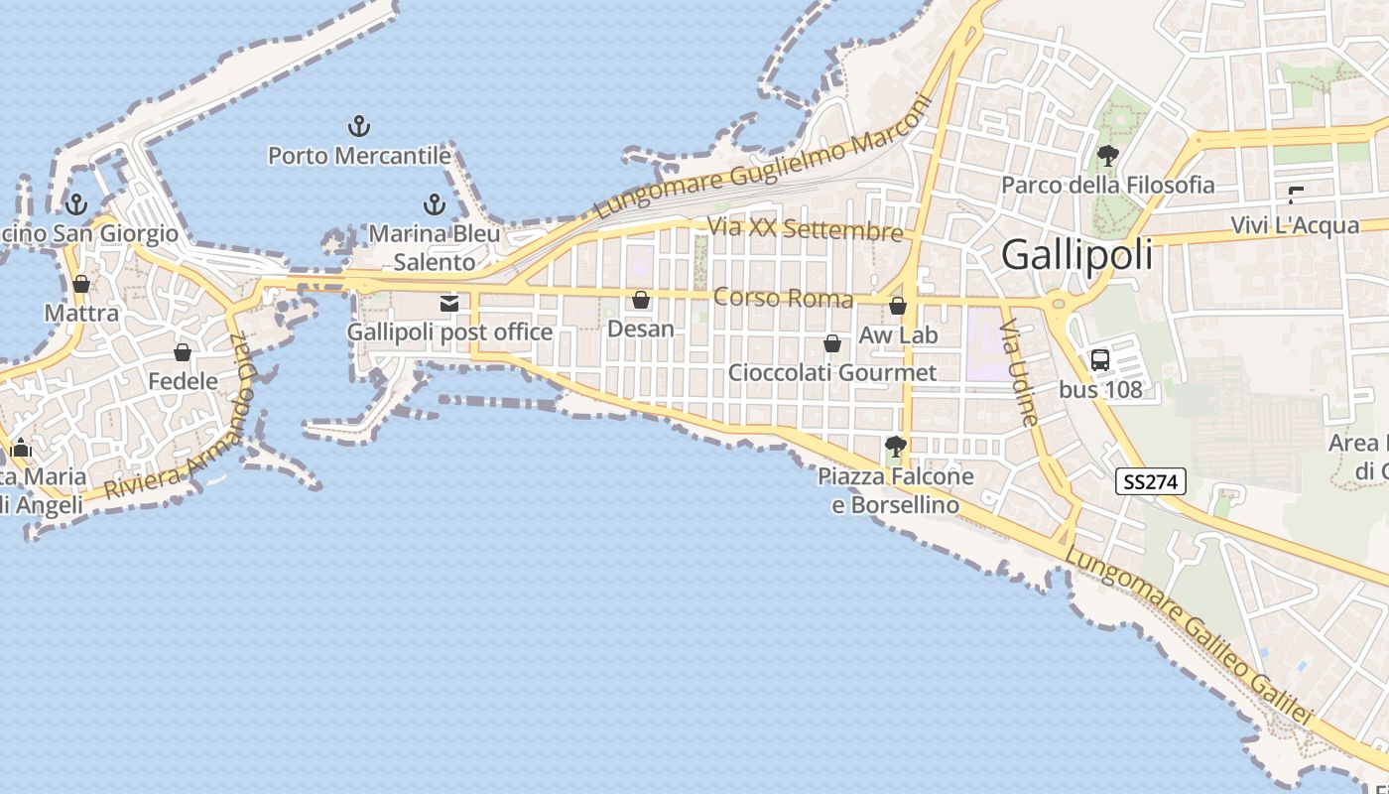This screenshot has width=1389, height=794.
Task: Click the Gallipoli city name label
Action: click(1077, 255)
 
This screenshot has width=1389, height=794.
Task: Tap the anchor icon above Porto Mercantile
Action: click(359, 126)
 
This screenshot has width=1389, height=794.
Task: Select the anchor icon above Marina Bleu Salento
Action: click(434, 204)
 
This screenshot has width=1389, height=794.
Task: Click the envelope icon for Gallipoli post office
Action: click(449, 303)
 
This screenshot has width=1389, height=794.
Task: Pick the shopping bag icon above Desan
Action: click(641, 299)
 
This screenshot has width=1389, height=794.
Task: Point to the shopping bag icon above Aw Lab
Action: click(898, 306)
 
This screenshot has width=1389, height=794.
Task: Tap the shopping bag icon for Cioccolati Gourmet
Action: click(832, 343)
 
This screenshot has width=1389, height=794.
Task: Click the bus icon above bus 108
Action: click(1100, 359)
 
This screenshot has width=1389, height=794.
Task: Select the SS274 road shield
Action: click(1151, 482)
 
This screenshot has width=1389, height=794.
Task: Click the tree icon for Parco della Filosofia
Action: click(1107, 156)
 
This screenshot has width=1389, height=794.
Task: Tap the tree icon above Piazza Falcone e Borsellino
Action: click(896, 447)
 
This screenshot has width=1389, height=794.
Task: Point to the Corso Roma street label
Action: click(783, 298)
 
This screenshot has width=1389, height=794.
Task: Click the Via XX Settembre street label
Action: click(805, 229)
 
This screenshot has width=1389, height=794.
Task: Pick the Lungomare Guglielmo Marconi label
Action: click(764, 159)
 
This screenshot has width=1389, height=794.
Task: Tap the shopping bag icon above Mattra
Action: click(81, 285)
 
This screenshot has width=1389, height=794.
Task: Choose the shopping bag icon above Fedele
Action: click(183, 352)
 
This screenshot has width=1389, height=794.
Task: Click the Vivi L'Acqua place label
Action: click(1295, 225)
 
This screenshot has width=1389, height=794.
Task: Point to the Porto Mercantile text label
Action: click(359, 156)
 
